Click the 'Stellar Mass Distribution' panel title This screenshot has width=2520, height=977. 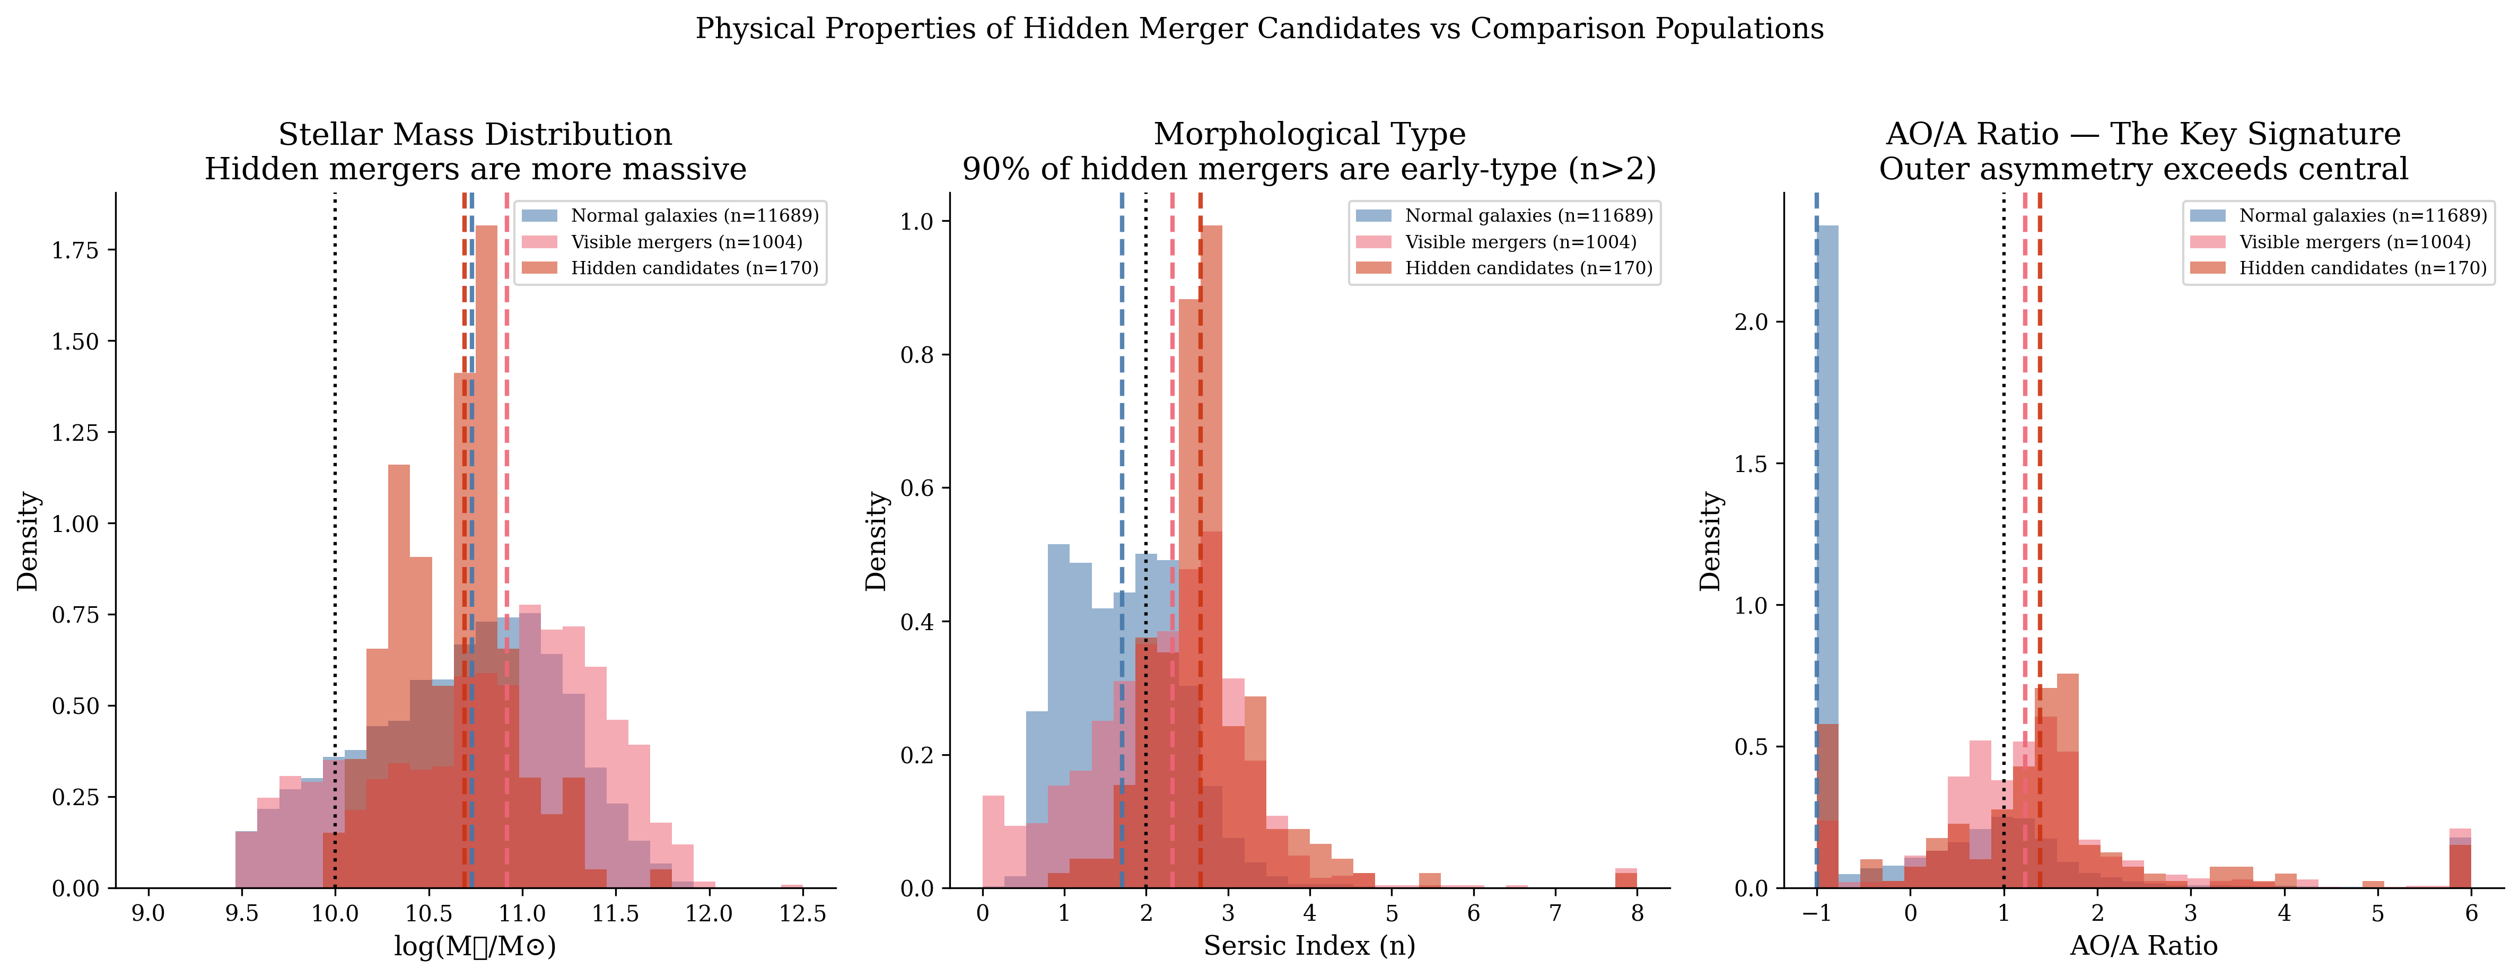coord(476,134)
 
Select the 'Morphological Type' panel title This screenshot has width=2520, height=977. coord(1310,134)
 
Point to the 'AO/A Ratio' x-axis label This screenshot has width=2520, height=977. coord(2143,946)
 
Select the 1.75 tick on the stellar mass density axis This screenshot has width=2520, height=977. coord(75,250)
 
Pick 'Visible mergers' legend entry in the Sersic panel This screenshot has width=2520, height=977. coord(1497,241)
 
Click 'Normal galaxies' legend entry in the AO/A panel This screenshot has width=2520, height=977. coord(2338,215)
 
